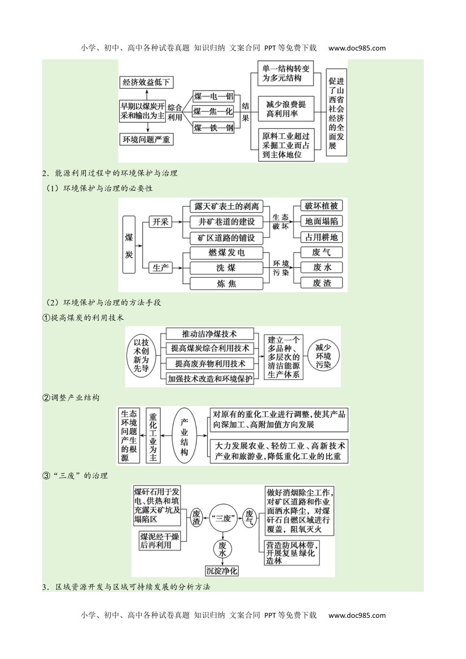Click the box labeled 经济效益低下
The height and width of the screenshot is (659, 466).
pos(147,82)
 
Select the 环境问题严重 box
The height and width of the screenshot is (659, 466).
pos(147,140)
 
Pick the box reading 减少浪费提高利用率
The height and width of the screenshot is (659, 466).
pos(286,109)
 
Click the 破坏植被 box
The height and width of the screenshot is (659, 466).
pos(321,206)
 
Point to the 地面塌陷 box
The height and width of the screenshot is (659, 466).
pos(321,222)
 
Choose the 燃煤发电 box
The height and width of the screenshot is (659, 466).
pos(226,253)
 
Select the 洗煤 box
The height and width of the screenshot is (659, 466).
pos(226,268)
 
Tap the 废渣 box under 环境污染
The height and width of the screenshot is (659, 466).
pos(322,283)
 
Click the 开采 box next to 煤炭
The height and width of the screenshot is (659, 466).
pos(160,222)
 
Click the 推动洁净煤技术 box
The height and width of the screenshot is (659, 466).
pos(209,334)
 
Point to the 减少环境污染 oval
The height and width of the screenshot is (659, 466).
pos(323,356)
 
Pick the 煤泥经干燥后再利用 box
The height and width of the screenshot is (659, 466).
pos(159,540)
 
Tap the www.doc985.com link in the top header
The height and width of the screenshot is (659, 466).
pos(357,48)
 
